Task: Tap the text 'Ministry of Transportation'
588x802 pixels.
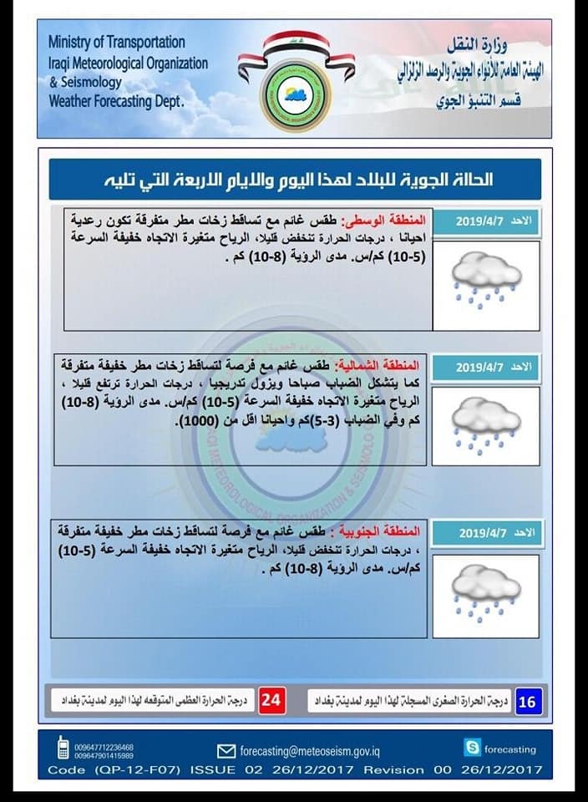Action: (117, 42)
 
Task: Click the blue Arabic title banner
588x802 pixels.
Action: (294, 180)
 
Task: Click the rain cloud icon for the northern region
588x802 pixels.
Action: (485, 426)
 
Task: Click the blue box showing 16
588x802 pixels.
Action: (527, 701)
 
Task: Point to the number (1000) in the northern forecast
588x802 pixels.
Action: (199, 423)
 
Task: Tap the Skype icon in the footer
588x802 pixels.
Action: (473, 749)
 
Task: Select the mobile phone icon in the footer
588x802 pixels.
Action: (63, 748)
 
